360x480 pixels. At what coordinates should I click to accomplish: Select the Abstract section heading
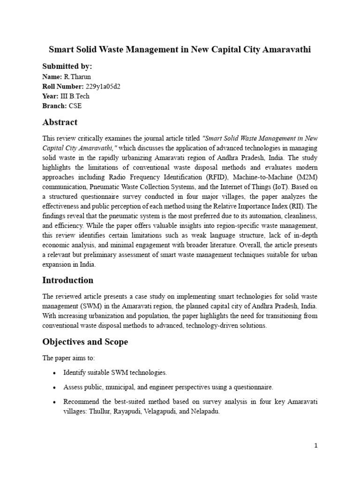(60, 122)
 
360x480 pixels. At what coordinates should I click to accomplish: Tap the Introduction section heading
(68, 280)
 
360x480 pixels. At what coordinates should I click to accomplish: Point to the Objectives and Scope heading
(85, 342)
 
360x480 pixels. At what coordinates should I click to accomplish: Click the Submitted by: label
(67, 66)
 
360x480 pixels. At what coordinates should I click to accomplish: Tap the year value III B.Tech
(75, 96)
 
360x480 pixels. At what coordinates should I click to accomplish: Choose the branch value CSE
(75, 106)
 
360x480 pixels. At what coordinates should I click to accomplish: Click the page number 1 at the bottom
(316, 446)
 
